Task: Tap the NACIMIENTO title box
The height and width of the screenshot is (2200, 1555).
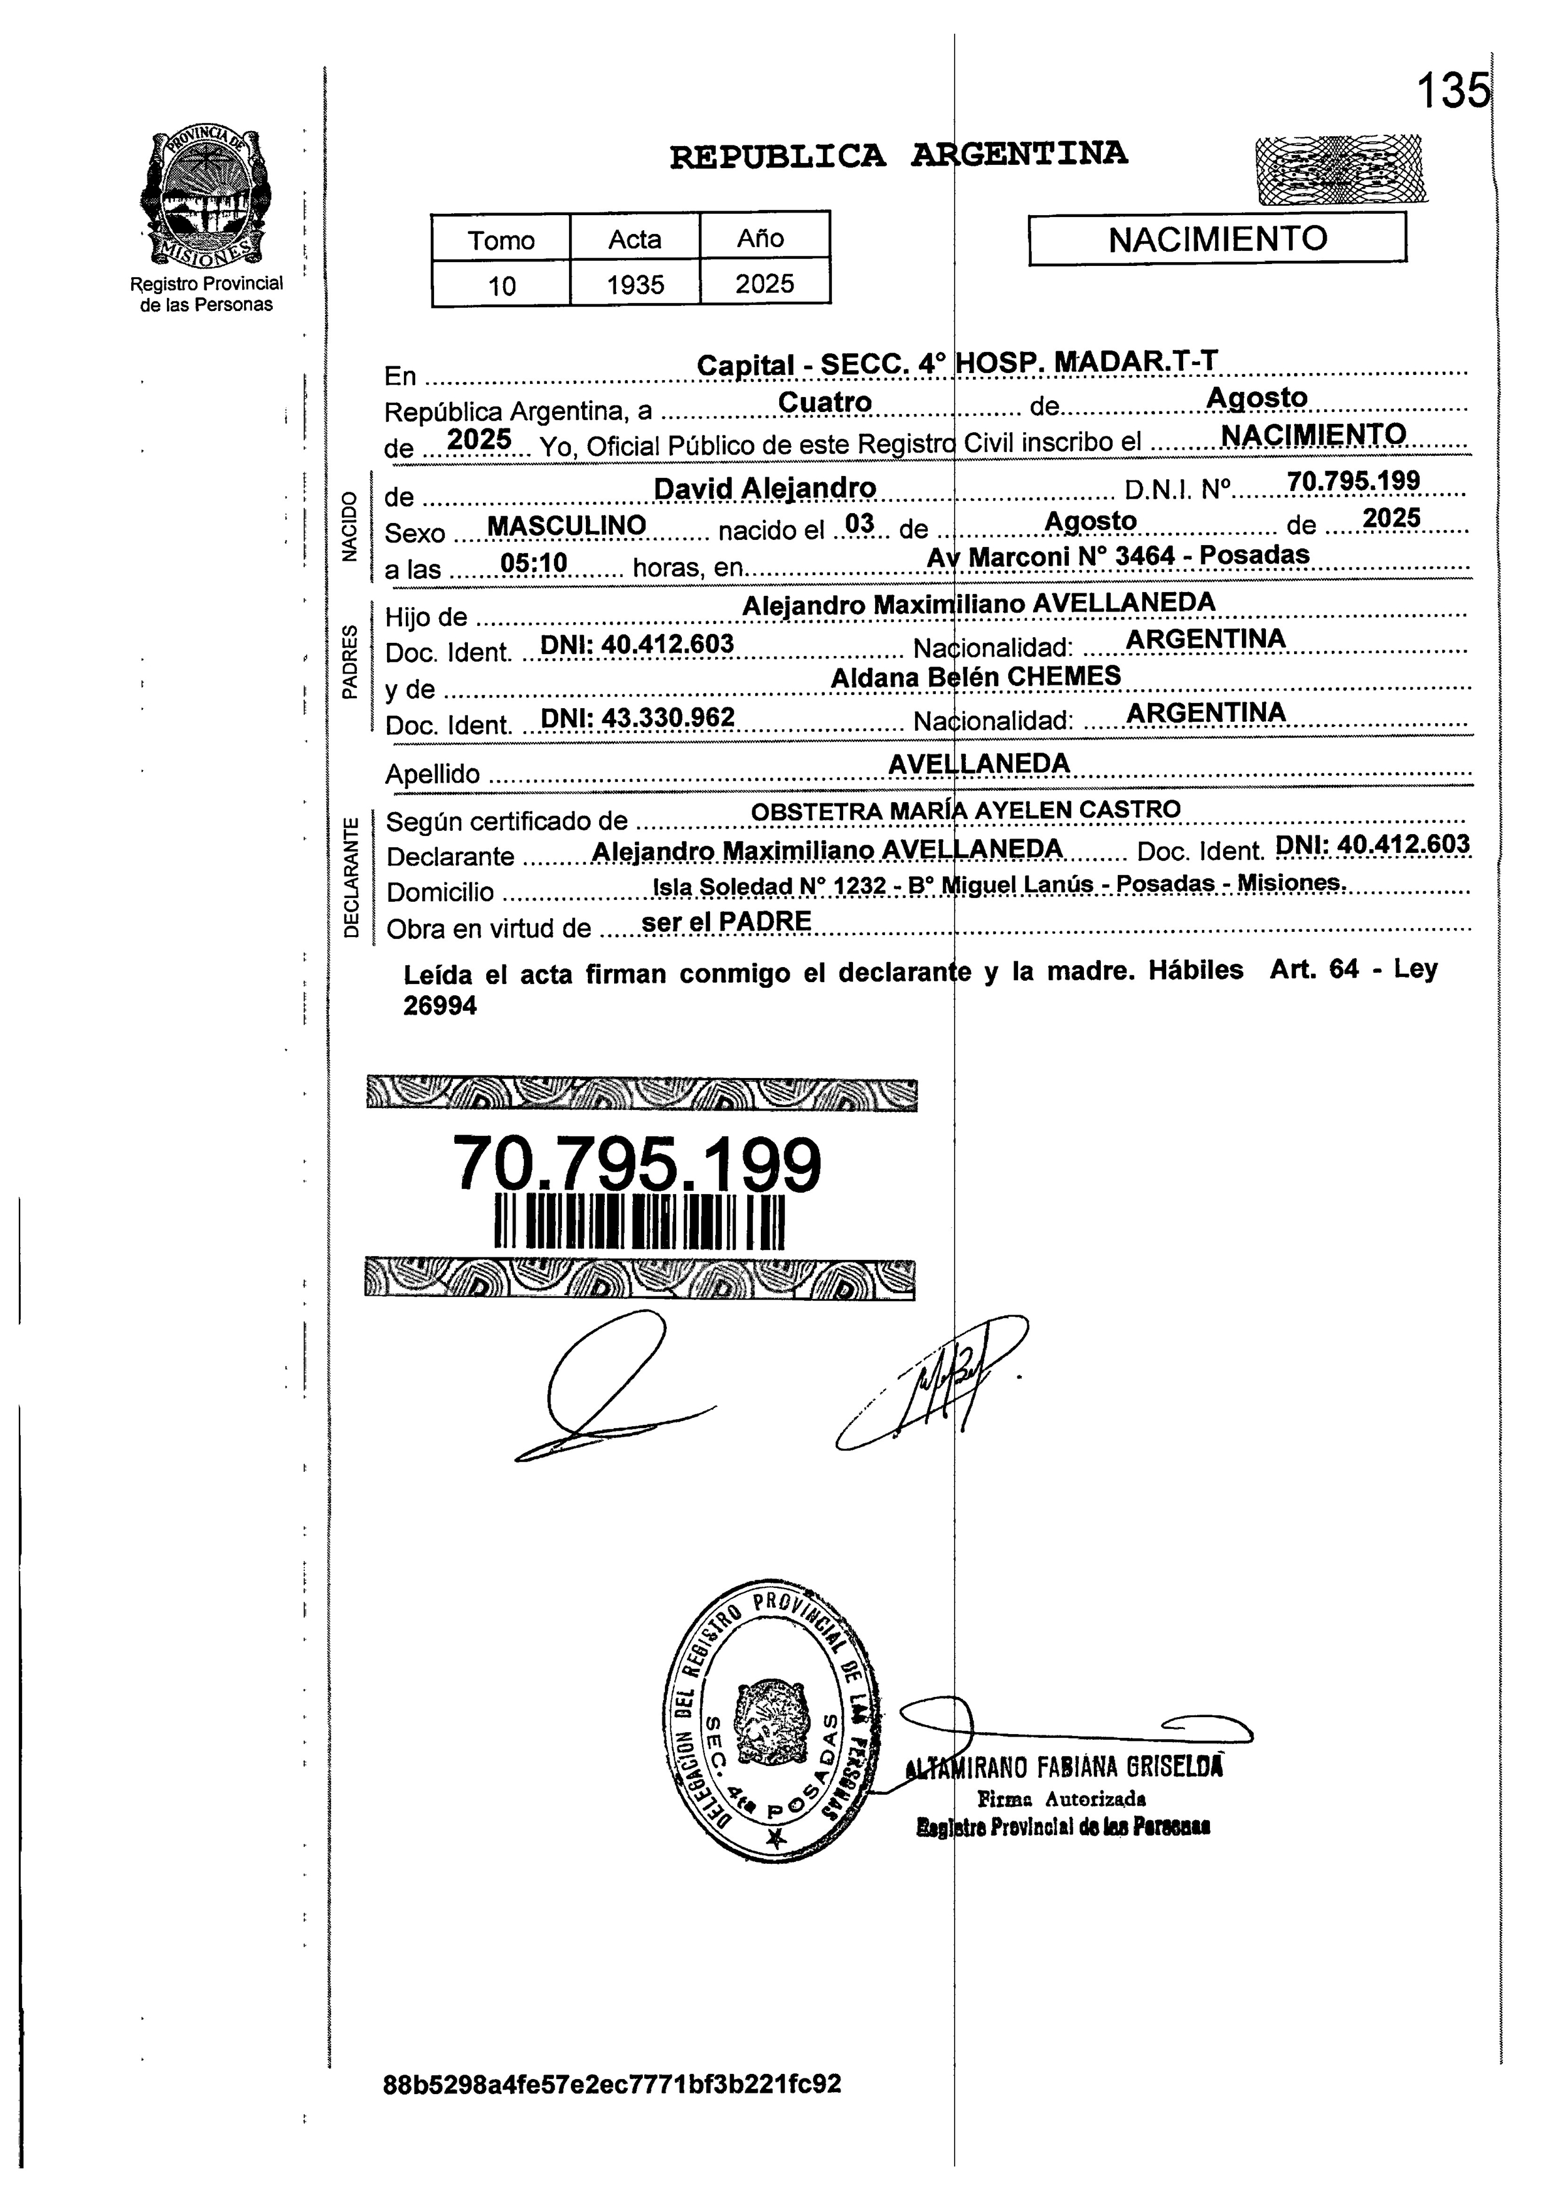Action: point(1217,238)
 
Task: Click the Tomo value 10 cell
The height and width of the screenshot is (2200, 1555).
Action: point(501,285)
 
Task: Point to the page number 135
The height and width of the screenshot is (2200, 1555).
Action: point(1453,92)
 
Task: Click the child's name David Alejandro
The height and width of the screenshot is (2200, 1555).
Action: point(765,489)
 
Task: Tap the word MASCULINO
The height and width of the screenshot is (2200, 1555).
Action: point(566,526)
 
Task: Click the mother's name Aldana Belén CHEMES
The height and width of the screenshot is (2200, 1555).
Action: point(975,677)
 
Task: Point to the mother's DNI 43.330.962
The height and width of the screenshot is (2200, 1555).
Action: point(637,717)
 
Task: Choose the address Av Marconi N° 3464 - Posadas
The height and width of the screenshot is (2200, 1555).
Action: point(1117,556)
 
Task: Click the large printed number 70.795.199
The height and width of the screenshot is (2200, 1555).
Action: point(637,1164)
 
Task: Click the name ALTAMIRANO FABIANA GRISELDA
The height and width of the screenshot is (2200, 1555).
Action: point(1063,1766)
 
